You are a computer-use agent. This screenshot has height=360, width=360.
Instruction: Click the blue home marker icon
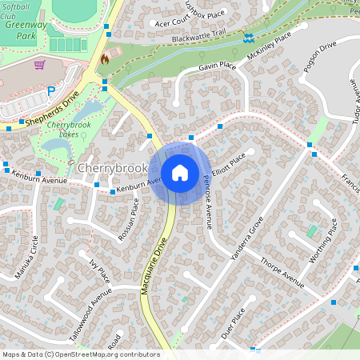click(x=180, y=172)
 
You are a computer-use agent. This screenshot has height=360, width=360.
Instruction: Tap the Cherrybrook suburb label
click(x=113, y=168)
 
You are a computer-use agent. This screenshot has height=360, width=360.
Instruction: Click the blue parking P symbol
click(x=51, y=91)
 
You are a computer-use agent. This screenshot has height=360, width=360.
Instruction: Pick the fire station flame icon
click(x=104, y=58)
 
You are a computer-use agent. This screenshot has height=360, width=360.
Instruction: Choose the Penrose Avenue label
click(x=206, y=201)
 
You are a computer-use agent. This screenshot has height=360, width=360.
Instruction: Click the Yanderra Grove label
click(x=246, y=241)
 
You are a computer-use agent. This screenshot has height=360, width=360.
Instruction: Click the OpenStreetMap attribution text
click(x=80, y=354)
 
